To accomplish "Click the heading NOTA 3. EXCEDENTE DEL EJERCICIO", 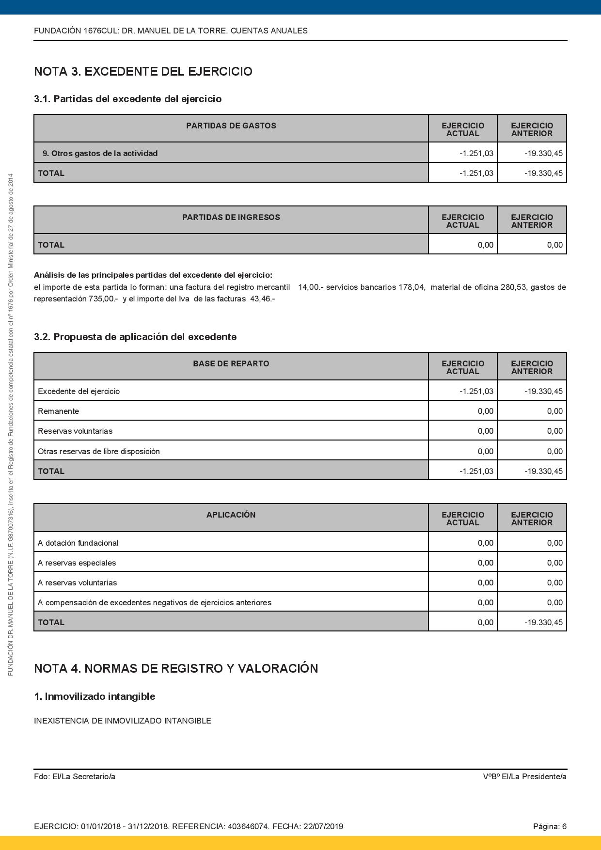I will pos(143,72).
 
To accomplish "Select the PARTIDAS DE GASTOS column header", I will pos(231,126).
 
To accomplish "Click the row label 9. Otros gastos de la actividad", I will pos(100,154).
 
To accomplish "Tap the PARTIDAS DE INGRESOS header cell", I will pos(231,218).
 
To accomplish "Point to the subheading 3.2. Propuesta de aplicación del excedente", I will pos(135,337).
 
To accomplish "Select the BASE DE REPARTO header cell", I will pos(231,364).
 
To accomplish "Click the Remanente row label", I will pos(58,411).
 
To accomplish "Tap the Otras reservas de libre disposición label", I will pos(99,452).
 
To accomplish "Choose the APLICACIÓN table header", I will pos(231,515).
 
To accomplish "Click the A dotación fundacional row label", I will pos(78,543).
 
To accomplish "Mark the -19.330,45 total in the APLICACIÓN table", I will pos(543,623).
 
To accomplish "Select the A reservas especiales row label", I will pos(77,563).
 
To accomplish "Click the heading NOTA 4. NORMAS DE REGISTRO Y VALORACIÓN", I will pos(176,669).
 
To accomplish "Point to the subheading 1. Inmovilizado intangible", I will pos(95,697).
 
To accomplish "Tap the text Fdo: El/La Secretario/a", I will pos(75,777).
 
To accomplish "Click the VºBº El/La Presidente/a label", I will pos(524,777).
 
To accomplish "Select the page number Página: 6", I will pos(550,827).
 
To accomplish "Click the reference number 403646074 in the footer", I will pos(248,827).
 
